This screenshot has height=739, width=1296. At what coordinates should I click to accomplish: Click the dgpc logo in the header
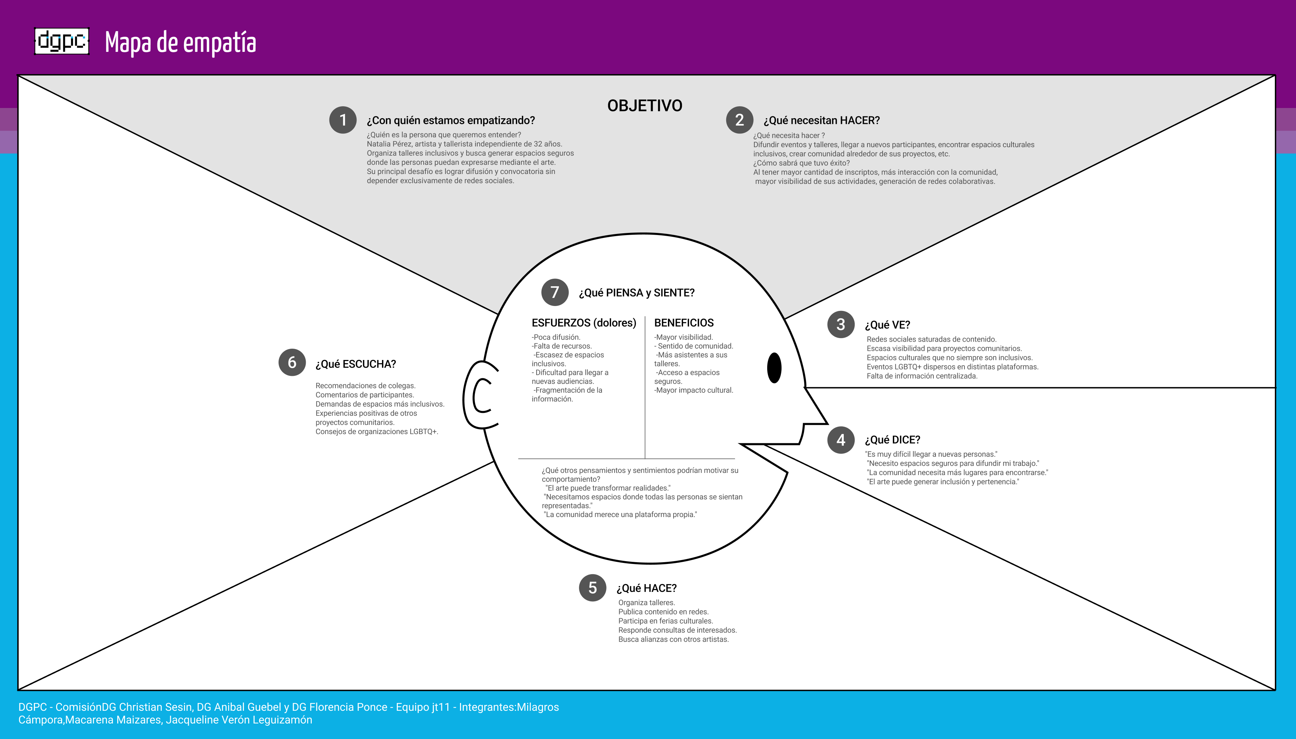61,41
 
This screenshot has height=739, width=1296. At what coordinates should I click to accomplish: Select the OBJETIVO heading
645,106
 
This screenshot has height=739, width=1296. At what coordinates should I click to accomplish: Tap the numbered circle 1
343,120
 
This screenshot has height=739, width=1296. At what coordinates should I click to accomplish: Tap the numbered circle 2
740,120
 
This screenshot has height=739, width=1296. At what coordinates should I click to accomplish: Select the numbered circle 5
592,588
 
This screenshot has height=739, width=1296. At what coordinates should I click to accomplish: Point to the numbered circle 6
292,362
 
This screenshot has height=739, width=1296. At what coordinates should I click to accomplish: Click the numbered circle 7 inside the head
555,292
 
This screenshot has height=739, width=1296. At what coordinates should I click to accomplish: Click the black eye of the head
774,368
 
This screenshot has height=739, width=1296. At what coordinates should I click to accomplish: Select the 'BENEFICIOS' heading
684,323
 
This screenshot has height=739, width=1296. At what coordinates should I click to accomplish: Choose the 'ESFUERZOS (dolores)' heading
584,323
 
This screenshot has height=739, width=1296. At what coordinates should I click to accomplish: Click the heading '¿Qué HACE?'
646,588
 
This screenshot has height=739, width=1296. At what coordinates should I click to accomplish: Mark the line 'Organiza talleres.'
646,602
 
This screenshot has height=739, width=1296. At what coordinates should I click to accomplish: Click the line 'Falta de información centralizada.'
922,376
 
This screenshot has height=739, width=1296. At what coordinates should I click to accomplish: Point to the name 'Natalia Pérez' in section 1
389,144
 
